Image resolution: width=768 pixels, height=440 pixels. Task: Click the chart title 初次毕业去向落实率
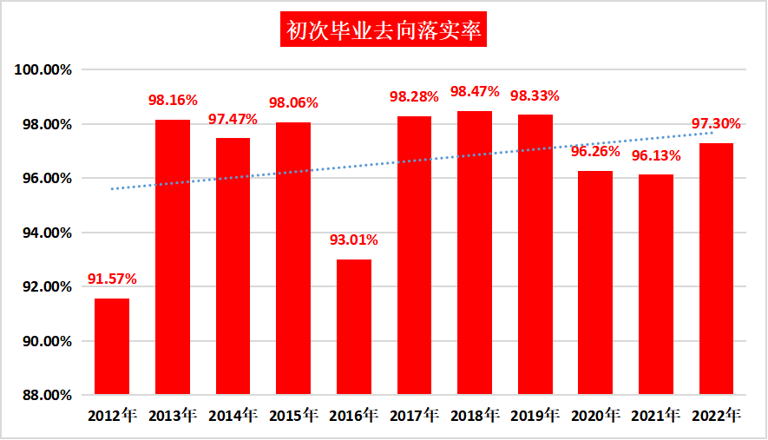[x=384, y=30]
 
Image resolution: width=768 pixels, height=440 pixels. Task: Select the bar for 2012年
[x=112, y=347]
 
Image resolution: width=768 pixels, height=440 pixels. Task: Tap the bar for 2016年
[x=353, y=327]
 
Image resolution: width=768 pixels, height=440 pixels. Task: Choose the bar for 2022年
[x=716, y=269]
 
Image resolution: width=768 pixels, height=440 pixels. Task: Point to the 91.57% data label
[x=112, y=279]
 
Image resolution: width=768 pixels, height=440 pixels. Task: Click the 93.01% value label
[x=353, y=240]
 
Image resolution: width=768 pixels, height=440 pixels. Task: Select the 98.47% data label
[x=475, y=91]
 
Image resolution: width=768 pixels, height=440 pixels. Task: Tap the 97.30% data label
[x=716, y=124]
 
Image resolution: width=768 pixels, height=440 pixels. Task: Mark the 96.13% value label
[x=656, y=156]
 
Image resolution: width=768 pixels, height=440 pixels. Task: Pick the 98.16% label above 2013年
[x=173, y=100]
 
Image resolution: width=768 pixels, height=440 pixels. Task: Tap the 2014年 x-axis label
[x=233, y=416]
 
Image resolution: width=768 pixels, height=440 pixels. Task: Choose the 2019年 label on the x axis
[x=535, y=416]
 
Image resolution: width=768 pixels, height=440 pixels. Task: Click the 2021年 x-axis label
[x=656, y=416]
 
